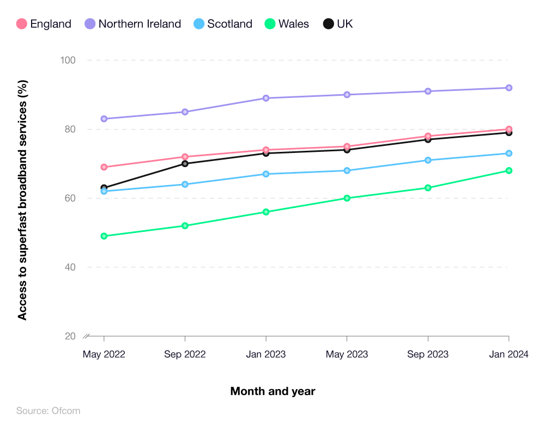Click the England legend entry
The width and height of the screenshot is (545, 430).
click(x=44, y=24)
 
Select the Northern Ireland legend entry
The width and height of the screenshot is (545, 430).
click(x=133, y=24)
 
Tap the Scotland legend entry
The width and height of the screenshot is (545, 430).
click(x=223, y=24)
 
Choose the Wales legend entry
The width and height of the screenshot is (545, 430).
click(x=287, y=24)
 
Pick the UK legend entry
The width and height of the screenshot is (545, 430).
click(x=338, y=24)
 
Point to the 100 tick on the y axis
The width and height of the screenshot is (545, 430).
click(x=67, y=60)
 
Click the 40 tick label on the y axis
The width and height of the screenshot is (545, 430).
click(x=70, y=267)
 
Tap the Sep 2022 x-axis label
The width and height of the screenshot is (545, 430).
click(x=185, y=354)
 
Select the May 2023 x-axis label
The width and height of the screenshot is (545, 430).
click(x=347, y=354)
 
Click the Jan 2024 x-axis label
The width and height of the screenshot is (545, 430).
click(x=508, y=354)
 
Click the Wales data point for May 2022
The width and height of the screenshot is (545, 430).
click(x=104, y=236)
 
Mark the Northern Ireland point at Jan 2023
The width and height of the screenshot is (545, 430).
click(x=266, y=98)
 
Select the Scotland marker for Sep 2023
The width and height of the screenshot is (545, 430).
click(x=428, y=160)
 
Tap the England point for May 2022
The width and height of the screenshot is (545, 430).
click(x=104, y=167)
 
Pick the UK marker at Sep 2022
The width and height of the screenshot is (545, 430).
click(x=185, y=163)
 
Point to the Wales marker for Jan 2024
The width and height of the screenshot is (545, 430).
click(x=508, y=170)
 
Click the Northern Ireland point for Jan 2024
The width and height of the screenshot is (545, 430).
click(x=508, y=88)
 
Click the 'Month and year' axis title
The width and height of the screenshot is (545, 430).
click(x=272, y=391)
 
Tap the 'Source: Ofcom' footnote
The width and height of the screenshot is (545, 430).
click(x=48, y=411)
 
